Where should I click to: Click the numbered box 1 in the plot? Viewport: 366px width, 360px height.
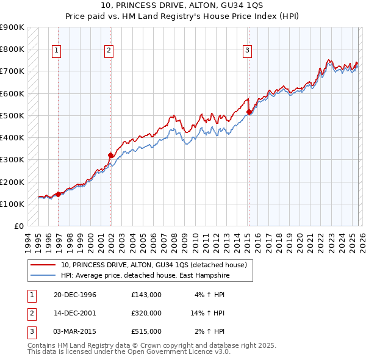point(56,51)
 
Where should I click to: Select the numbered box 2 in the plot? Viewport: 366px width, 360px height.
point(109,51)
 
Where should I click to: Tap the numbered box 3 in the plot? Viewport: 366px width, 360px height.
point(248,51)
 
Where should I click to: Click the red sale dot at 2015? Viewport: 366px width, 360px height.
point(249,112)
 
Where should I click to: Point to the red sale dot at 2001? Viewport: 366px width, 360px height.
point(110,155)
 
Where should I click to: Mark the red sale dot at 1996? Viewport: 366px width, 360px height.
point(59,194)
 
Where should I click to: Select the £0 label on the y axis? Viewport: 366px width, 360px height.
point(18,226)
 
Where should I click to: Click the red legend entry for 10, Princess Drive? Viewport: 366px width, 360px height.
point(154,265)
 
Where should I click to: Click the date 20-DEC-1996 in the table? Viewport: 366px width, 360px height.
point(75,295)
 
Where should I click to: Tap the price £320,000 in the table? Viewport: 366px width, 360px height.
point(146,313)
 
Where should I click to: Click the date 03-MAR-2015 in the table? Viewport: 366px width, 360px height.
point(75,331)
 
